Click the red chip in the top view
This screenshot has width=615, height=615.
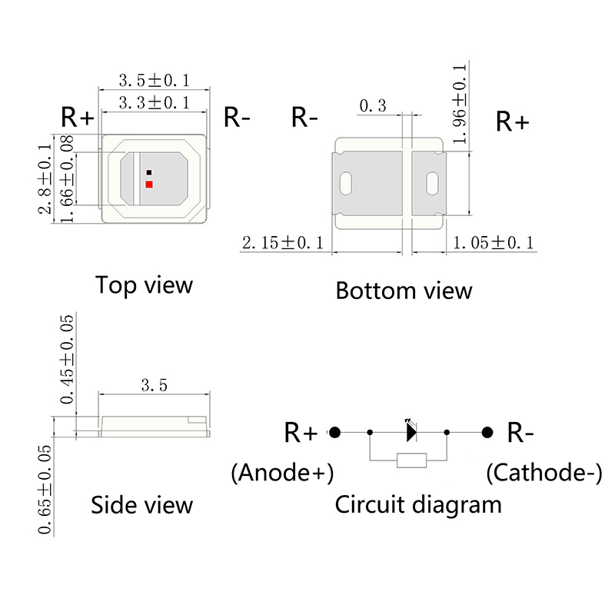click(149, 184)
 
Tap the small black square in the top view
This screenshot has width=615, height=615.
click(149, 172)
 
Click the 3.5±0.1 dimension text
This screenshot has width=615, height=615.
click(154, 80)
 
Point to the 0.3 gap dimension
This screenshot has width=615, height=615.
click(372, 106)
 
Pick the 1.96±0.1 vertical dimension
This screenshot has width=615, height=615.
click(460, 104)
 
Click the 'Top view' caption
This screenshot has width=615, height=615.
click(144, 285)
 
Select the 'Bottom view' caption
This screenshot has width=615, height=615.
click(404, 291)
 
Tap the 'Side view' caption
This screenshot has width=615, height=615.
click(141, 505)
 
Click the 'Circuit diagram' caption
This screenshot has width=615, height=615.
click(417, 505)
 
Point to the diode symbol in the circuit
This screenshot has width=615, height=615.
click(411, 431)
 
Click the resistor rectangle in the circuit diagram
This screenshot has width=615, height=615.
click(411, 460)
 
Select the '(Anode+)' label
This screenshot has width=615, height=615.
click(282, 473)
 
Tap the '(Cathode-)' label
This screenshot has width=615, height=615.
click(544, 473)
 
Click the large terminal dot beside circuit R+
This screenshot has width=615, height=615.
click(334, 432)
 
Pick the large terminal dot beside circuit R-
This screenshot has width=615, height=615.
click(487, 432)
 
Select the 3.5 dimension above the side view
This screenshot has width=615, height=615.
click(154, 384)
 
